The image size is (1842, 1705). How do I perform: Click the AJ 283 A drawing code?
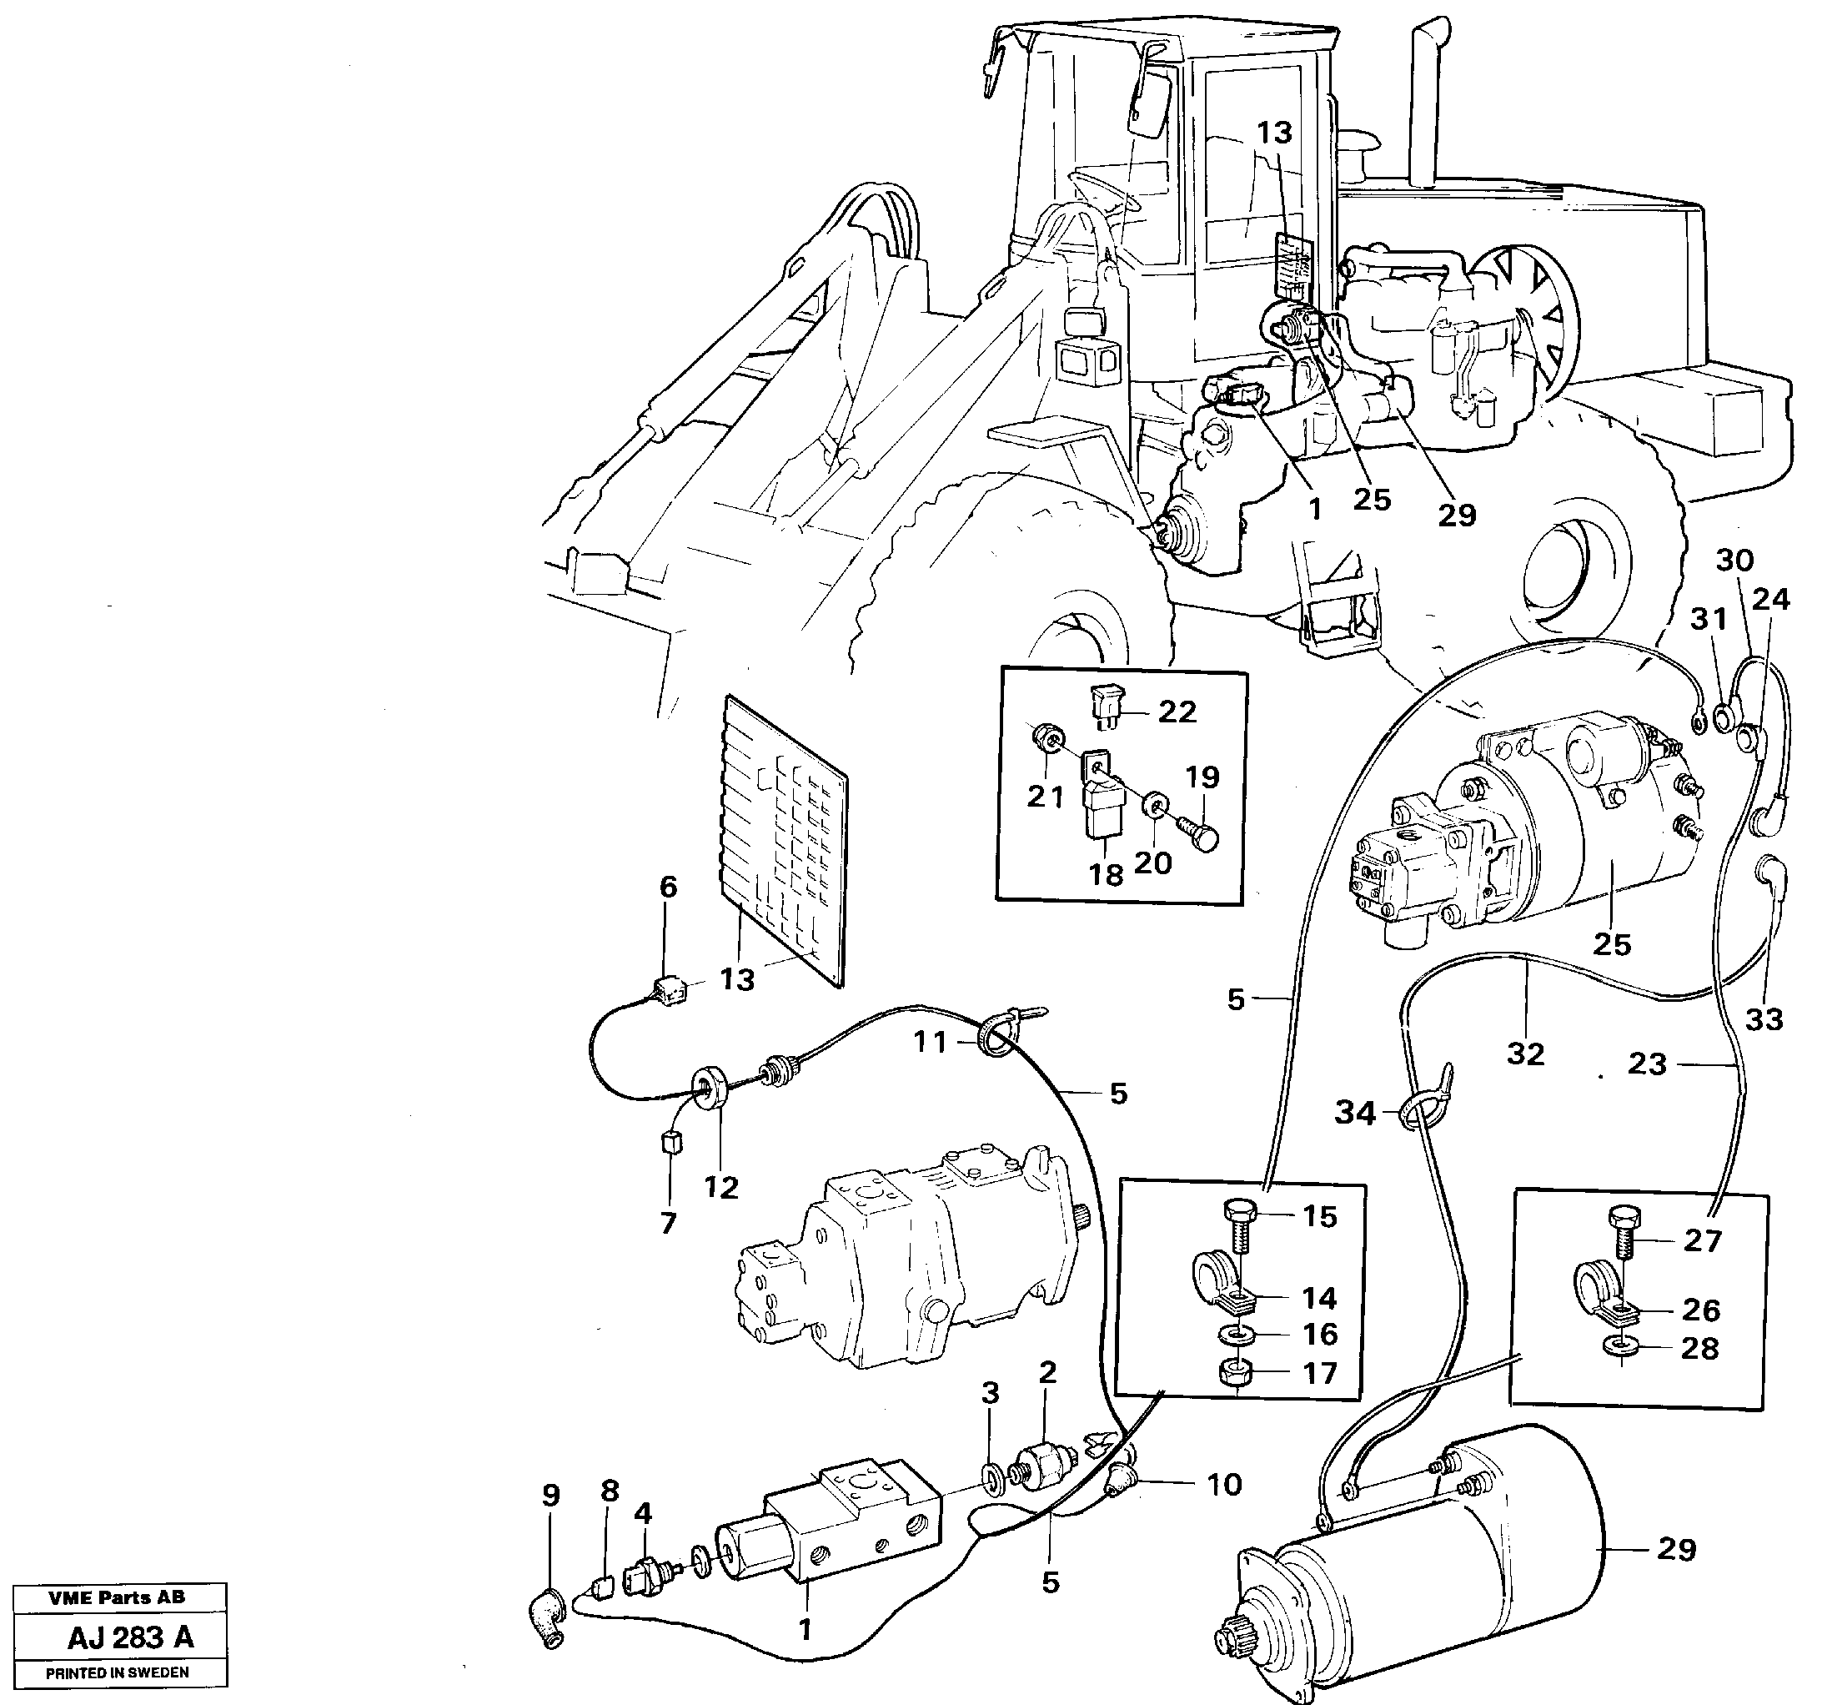[130, 1637]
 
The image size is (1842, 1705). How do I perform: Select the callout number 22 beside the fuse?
[1177, 712]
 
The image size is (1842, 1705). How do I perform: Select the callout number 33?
[1763, 1019]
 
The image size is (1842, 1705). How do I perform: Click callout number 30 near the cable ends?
[1734, 560]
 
